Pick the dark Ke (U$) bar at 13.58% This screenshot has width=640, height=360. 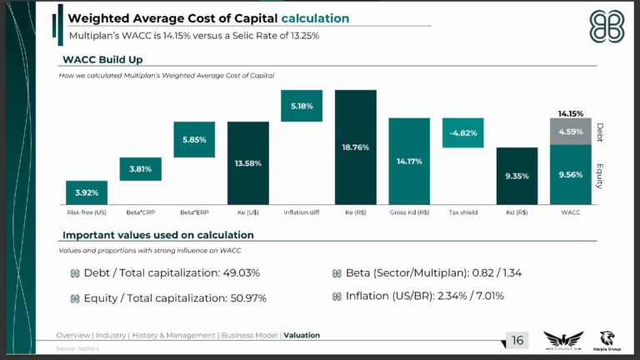(x=248, y=162)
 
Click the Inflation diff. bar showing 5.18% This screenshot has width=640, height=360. (x=302, y=106)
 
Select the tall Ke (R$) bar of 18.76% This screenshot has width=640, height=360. (x=356, y=147)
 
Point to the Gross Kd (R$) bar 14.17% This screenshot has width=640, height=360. (x=409, y=161)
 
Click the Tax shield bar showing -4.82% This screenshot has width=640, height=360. (x=463, y=132)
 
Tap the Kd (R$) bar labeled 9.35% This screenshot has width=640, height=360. (x=517, y=176)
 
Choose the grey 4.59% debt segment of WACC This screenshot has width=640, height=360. (x=571, y=131)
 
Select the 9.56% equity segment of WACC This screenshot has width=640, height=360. (x=571, y=174)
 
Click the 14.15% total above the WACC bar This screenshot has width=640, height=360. (x=571, y=113)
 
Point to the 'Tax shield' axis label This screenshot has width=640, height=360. (x=463, y=212)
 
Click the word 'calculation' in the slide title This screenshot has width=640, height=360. (x=315, y=18)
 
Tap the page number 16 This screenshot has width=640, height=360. (x=517, y=340)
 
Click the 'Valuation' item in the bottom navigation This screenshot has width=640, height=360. (x=302, y=335)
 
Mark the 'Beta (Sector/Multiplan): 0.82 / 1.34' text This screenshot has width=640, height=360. (x=427, y=272)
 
